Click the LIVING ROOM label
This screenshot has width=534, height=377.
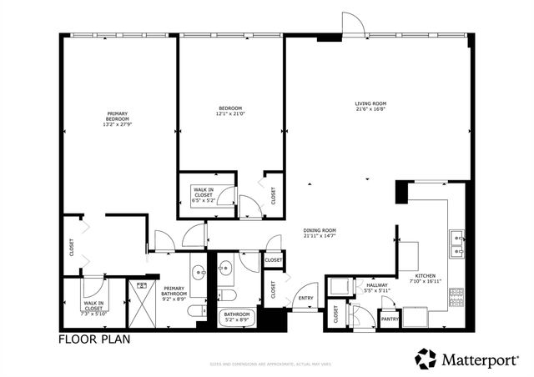pyautogui.click(x=370, y=103)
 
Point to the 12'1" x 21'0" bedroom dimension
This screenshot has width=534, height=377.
pyautogui.click(x=230, y=114)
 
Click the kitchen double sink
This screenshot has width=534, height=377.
pyautogui.click(x=457, y=242)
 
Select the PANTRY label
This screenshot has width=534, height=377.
pyautogui.click(x=390, y=319)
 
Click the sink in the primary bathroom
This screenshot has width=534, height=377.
pyautogui.click(x=199, y=272)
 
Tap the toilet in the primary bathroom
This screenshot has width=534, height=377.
pyautogui.click(x=195, y=311)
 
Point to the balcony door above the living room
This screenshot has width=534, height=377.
pyautogui.click(x=353, y=25)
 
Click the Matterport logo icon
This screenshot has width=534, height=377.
pyautogui.click(x=426, y=358)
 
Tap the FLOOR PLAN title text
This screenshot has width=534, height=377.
pyautogui.click(x=92, y=339)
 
